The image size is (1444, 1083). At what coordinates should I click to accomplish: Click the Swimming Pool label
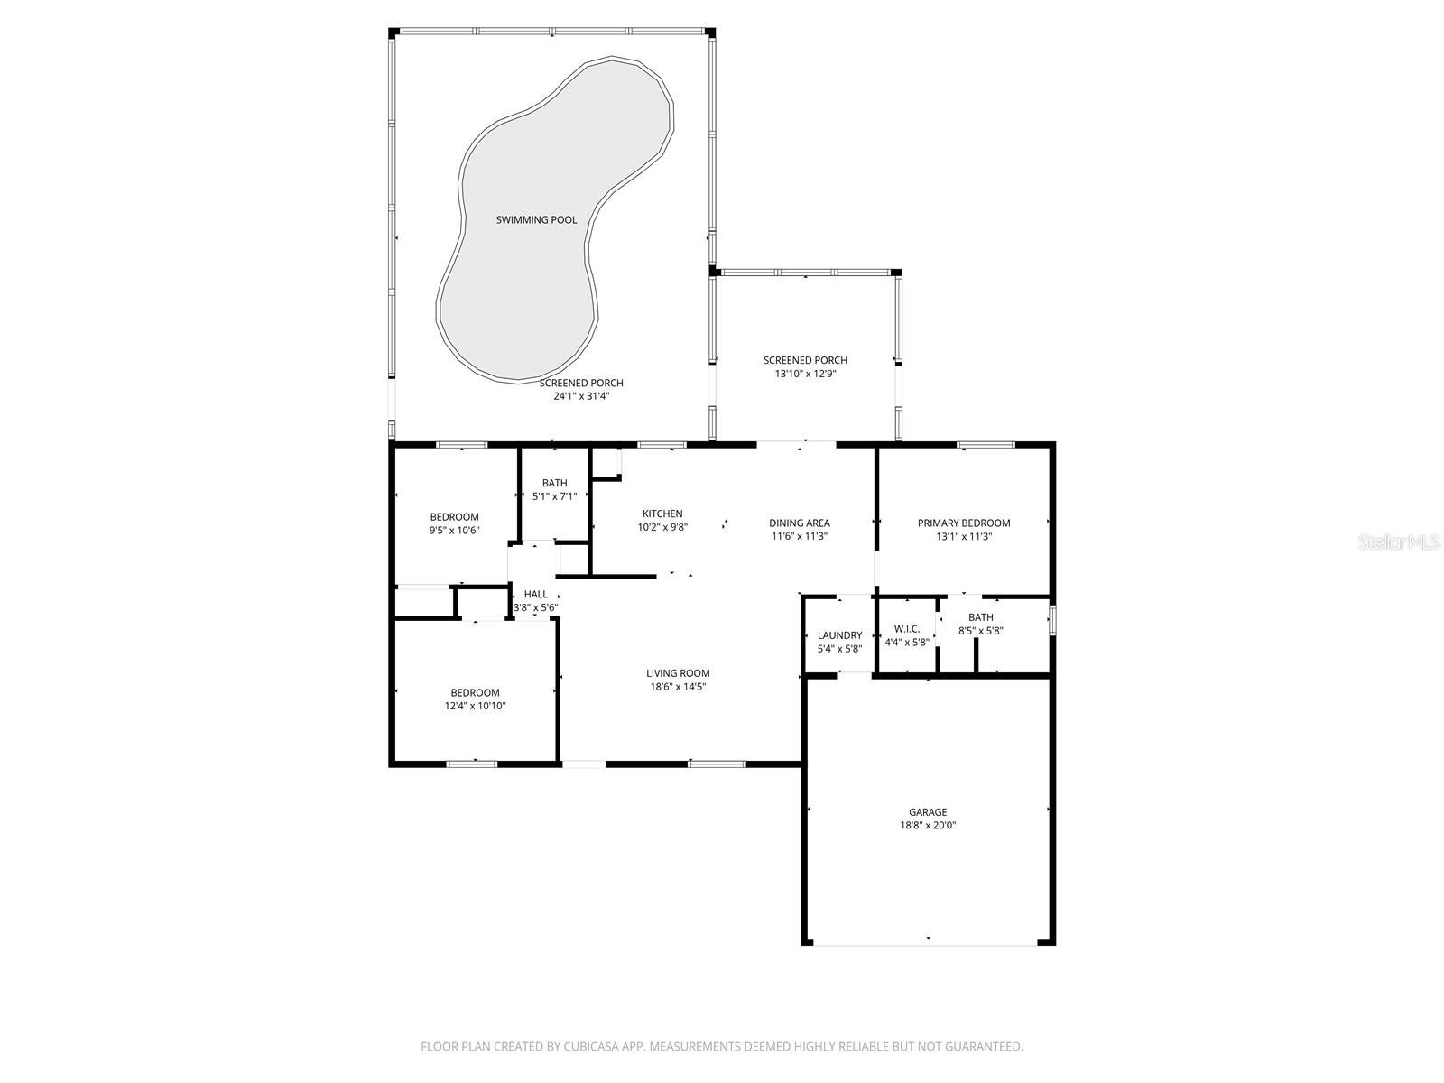(x=536, y=219)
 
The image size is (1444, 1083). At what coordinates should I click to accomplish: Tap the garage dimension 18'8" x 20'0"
(x=927, y=825)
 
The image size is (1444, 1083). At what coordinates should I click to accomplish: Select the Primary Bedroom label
(x=963, y=523)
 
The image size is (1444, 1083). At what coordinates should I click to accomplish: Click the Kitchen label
(x=662, y=514)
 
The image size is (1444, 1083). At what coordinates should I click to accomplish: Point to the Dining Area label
(x=799, y=523)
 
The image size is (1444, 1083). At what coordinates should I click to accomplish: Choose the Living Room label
(x=678, y=672)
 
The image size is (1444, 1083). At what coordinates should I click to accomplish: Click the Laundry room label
(x=839, y=635)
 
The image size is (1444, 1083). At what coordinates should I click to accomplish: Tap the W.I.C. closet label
(x=907, y=629)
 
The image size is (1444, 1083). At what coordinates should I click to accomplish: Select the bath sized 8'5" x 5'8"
(x=980, y=624)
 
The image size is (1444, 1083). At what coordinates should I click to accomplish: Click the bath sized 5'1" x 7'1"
(x=554, y=489)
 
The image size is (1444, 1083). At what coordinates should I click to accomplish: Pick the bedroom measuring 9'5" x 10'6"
(x=454, y=523)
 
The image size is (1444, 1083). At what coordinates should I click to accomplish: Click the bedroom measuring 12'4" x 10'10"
(x=475, y=699)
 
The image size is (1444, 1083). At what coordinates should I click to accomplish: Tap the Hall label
(x=535, y=594)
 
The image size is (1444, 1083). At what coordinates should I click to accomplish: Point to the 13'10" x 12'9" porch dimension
(x=805, y=374)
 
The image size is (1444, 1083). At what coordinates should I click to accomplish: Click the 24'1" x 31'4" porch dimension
(x=581, y=396)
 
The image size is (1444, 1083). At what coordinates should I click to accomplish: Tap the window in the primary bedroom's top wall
(x=985, y=444)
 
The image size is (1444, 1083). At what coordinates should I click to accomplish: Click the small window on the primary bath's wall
(x=1052, y=622)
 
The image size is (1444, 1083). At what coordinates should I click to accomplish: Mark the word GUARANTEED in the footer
(x=981, y=1047)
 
